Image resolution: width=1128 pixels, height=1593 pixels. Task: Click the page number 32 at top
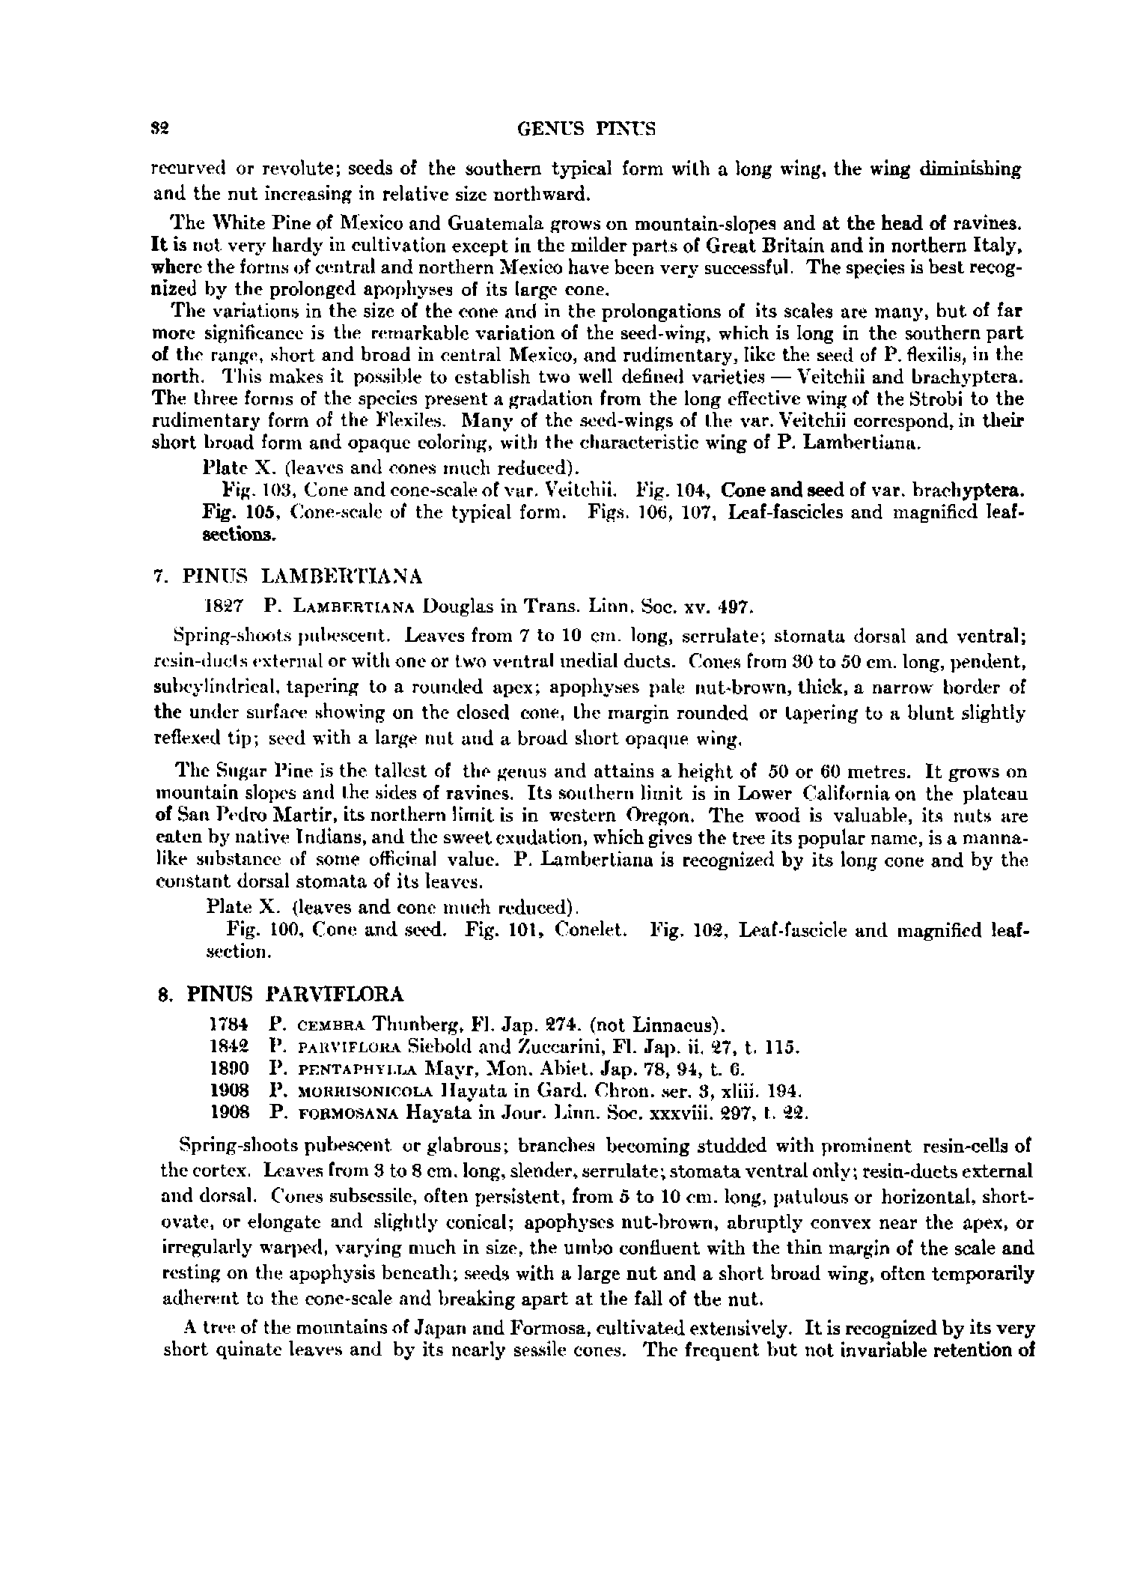[x=157, y=130]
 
